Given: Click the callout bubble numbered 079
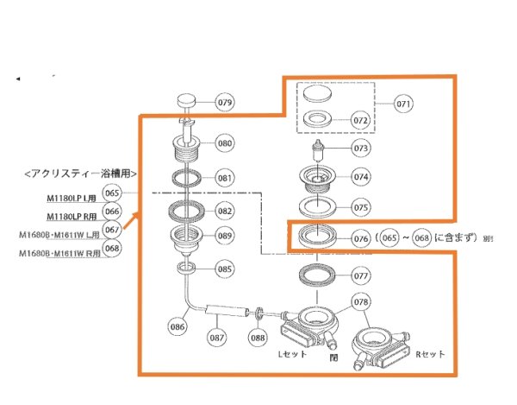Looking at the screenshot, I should click(225, 103).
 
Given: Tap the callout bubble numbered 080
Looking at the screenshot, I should click(225, 143).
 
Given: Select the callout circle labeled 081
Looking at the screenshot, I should click(225, 179).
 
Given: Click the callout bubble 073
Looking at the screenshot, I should click(361, 149).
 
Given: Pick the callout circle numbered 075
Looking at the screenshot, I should click(361, 207).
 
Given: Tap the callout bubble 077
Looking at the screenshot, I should click(361, 276).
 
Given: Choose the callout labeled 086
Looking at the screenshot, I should click(178, 327).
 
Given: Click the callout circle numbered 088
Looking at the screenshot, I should click(257, 337).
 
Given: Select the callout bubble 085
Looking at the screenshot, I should click(225, 269).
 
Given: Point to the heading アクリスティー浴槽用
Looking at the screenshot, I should click(82, 174).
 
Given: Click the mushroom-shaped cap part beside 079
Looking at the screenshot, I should click(189, 101).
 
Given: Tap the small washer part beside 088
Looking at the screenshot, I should click(258, 311).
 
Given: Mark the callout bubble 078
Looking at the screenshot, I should click(361, 302).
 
